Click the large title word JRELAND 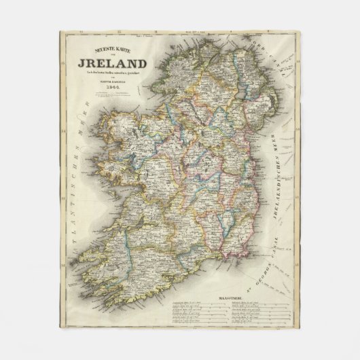117,66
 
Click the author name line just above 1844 116,83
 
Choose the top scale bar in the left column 193,302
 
